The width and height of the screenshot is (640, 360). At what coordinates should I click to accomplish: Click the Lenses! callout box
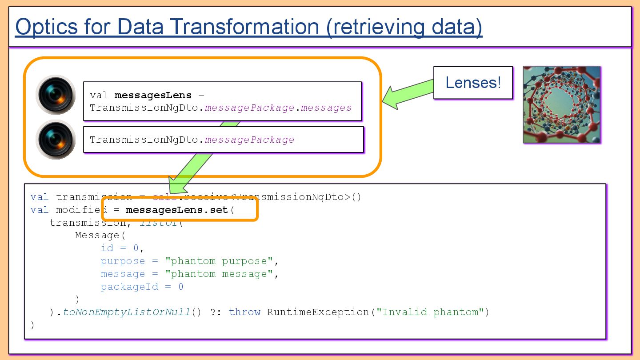(473, 83)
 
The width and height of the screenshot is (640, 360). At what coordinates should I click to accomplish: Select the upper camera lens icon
(56, 95)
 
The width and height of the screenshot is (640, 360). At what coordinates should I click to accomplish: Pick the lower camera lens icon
(56, 140)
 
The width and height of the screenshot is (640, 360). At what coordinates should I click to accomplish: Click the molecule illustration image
(561, 105)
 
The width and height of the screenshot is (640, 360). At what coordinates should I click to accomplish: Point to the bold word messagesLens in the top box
(153, 95)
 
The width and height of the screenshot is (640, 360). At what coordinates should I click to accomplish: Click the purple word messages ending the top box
(326, 108)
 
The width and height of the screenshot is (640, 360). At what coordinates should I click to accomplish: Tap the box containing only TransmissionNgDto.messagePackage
(223, 140)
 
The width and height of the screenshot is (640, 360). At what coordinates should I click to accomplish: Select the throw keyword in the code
(244, 312)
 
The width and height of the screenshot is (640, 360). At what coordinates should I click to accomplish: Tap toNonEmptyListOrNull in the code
(126, 312)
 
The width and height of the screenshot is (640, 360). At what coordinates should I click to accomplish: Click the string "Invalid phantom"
(430, 312)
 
